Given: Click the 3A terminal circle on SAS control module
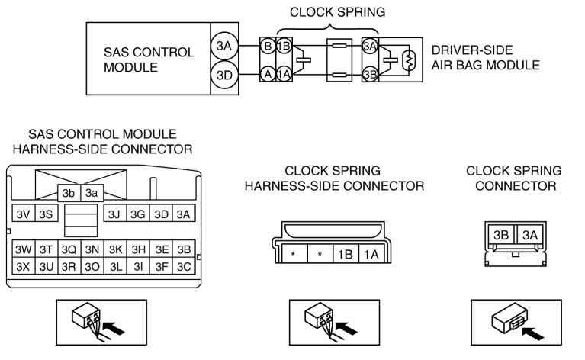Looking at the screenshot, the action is (224, 46).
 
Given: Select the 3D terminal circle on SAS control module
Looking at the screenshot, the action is (224, 75).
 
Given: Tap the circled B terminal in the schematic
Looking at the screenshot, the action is (268, 46).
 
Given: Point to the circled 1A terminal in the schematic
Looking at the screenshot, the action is (284, 74).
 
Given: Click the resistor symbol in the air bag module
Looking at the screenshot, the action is (410, 59).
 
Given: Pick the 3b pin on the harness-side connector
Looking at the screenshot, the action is (69, 193).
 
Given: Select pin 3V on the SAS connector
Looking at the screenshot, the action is (23, 214).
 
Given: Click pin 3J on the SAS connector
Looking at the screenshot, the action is (114, 214).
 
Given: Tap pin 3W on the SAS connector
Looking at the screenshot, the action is (23, 249).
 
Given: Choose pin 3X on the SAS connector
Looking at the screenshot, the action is (23, 266).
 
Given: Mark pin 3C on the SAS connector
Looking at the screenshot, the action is (184, 266).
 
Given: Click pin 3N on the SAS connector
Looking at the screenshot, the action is (92, 249).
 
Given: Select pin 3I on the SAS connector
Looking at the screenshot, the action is (138, 266).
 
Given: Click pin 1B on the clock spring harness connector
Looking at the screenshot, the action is (345, 254).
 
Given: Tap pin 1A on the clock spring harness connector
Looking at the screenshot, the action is (371, 254).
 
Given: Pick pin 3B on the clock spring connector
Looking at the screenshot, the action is (501, 235).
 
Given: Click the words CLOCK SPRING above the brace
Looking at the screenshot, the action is (337, 12).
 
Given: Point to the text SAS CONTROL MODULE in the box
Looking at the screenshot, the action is (149, 59).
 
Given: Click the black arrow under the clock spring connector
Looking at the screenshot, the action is (532, 333).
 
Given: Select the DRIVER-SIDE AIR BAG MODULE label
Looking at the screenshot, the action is (485, 57).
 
